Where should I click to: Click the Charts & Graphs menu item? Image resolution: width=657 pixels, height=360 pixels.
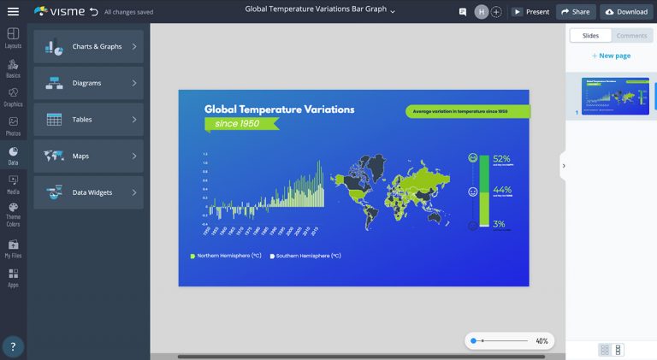point(88,46)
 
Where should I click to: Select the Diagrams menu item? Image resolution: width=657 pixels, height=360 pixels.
point(88,83)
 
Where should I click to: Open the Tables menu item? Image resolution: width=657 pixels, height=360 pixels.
point(88,120)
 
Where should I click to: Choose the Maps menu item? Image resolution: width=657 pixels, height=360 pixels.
point(88,156)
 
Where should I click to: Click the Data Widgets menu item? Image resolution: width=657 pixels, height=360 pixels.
point(88,192)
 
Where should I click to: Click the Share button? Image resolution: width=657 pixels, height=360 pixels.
point(576,12)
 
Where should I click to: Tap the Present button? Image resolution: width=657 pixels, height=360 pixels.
point(531,12)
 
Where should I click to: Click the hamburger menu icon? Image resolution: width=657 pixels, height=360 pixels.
point(13,12)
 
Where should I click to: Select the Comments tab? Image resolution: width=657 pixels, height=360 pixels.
point(631,36)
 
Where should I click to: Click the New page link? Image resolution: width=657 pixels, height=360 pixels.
point(611,56)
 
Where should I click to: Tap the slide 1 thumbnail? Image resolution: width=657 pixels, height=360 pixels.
point(615,95)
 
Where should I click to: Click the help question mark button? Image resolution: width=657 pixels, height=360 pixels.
point(13,346)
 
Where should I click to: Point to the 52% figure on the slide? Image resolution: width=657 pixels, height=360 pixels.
point(501,159)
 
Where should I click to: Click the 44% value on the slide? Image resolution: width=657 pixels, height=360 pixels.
point(501,190)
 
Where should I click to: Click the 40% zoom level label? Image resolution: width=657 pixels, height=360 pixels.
point(542,341)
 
